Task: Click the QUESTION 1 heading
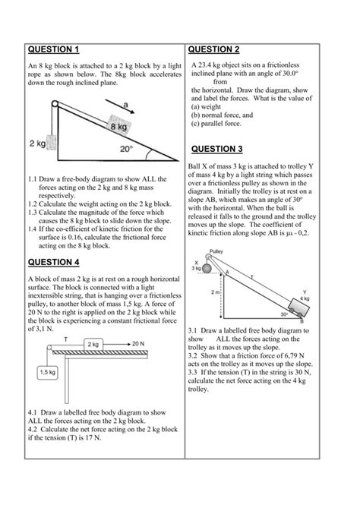pos(53,50)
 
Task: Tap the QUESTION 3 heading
pos(217,149)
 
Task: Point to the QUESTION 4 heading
pos(53,263)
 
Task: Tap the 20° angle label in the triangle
pos(126,150)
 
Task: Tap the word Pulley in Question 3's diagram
pos(216,251)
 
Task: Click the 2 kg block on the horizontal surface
pos(93,344)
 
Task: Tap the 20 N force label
pos(137,343)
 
